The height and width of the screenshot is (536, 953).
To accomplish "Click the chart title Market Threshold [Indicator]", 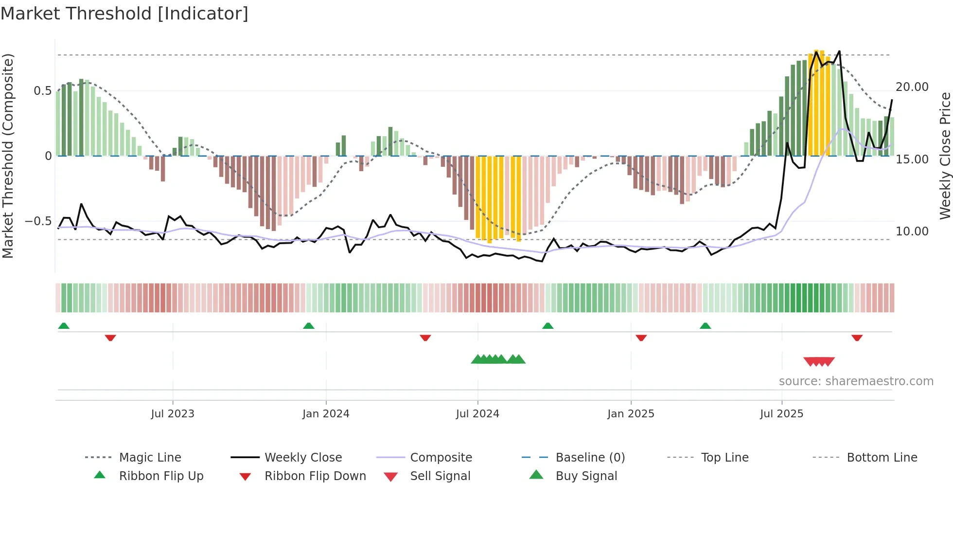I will [x=124, y=14].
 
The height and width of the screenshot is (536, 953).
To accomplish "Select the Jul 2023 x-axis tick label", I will [x=172, y=414].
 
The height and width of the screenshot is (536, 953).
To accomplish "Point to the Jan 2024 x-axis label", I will [x=326, y=414].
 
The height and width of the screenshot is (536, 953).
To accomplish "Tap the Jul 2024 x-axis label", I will [x=477, y=414].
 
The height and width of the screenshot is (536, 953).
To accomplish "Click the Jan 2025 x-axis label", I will [x=631, y=414].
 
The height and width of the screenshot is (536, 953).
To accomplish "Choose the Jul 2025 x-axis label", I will [x=781, y=414].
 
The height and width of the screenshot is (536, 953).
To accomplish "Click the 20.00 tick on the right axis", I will [x=912, y=87].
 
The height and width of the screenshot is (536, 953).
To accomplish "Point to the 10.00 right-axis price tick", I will [x=912, y=232].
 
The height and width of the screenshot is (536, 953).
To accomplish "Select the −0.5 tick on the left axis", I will [x=38, y=221].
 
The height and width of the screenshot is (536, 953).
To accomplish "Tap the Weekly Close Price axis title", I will [x=945, y=156].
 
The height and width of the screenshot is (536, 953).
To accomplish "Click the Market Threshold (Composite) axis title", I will [x=8, y=156].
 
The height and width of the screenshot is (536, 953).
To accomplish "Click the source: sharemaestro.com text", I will [x=856, y=381].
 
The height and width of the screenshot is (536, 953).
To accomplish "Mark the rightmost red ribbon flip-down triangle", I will [x=857, y=338].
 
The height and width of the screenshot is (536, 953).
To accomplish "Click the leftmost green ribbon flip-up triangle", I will [x=64, y=326].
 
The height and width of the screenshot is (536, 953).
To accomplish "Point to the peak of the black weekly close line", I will [x=839, y=51].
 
